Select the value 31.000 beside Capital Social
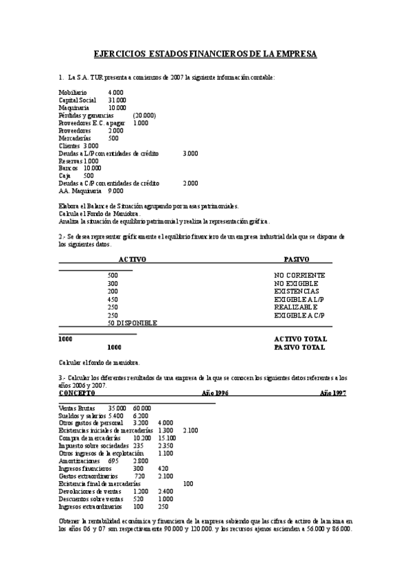(117, 100)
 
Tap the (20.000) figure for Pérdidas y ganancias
(145, 115)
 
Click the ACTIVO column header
(133, 259)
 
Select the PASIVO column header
(297, 259)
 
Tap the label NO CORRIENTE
(299, 275)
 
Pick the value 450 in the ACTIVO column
(113, 299)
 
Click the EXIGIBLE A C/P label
(299, 315)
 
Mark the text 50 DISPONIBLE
(133, 322)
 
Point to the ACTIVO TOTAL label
(300, 339)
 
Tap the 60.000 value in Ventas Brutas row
(142, 408)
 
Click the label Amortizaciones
(79, 460)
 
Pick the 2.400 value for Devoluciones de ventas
(165, 492)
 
